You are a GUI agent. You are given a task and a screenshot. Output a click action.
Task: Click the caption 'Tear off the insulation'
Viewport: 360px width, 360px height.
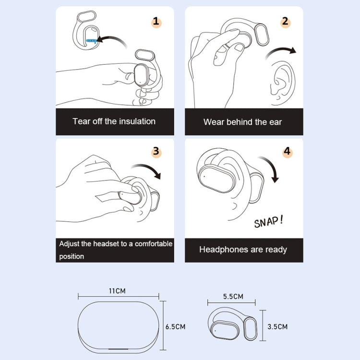coord(114,121)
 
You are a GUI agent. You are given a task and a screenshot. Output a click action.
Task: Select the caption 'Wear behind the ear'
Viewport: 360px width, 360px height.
coord(243,122)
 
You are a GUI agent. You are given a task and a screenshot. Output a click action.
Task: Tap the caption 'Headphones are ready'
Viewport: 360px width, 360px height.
coord(243,250)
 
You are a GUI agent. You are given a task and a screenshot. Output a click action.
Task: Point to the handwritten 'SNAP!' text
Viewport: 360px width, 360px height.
coord(268,221)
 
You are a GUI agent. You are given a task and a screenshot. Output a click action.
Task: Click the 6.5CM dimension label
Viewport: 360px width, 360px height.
coord(175,327)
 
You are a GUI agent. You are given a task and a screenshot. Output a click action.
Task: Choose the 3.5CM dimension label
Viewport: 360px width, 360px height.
coord(277,327)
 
